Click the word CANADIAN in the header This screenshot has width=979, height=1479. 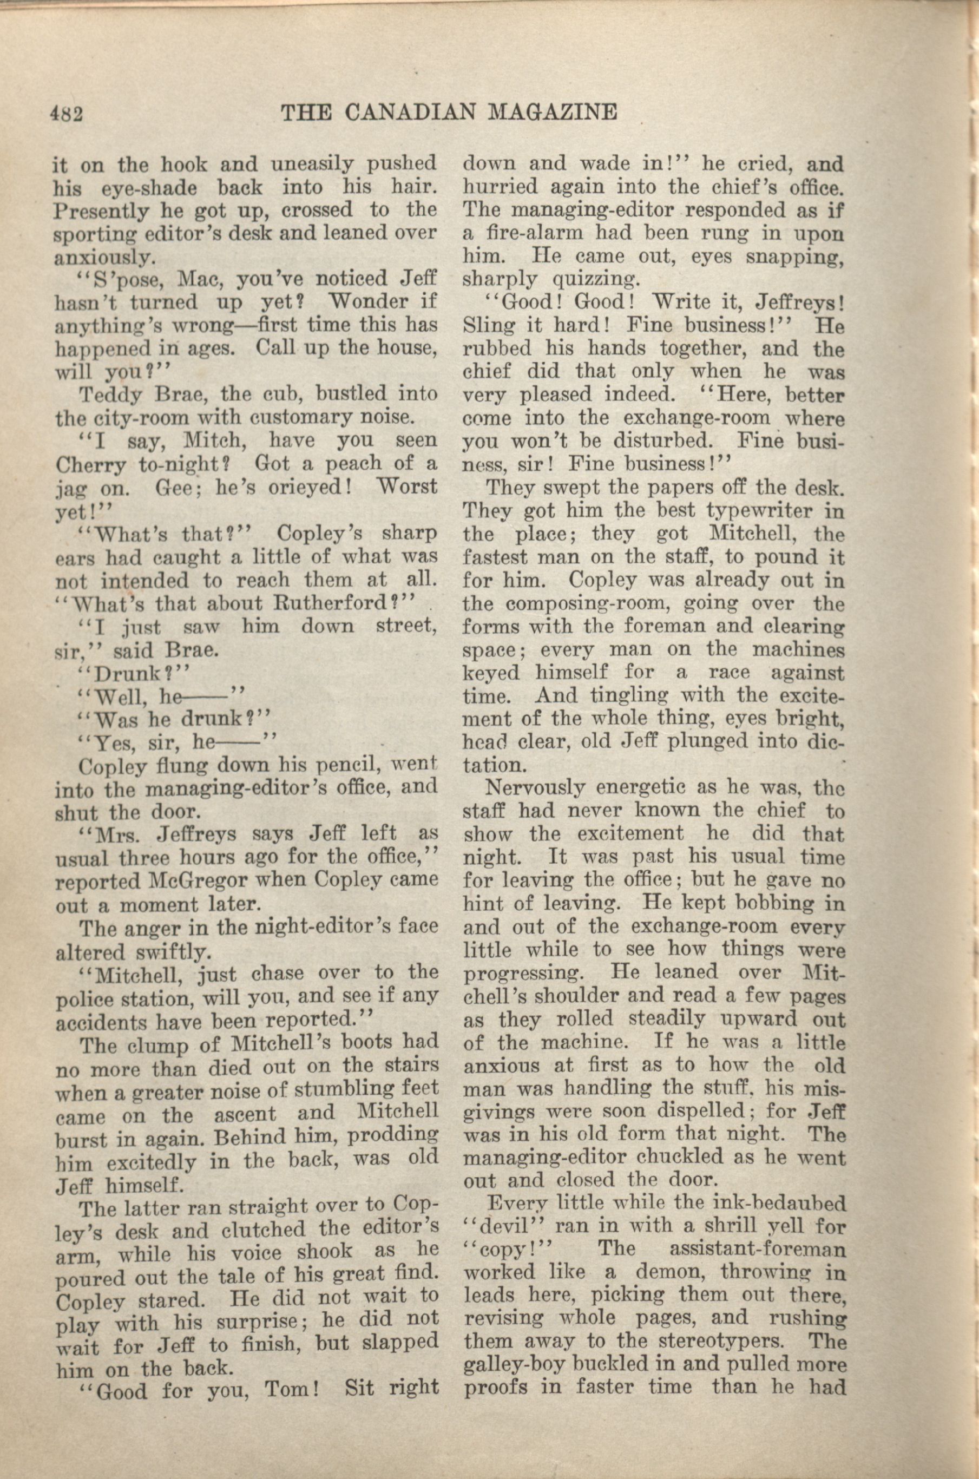coord(411,113)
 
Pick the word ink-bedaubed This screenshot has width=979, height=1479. coord(776,1204)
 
